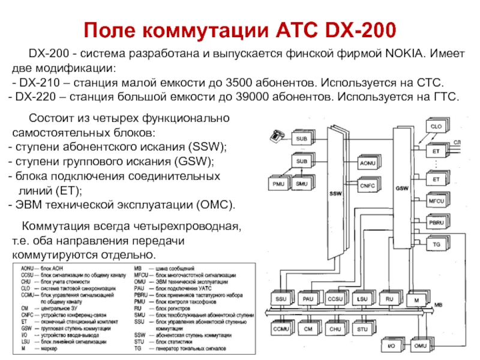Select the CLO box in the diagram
pyautogui.click(x=436, y=127)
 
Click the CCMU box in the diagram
pyautogui.click(x=280, y=329)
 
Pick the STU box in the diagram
pyautogui.click(x=362, y=329)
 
